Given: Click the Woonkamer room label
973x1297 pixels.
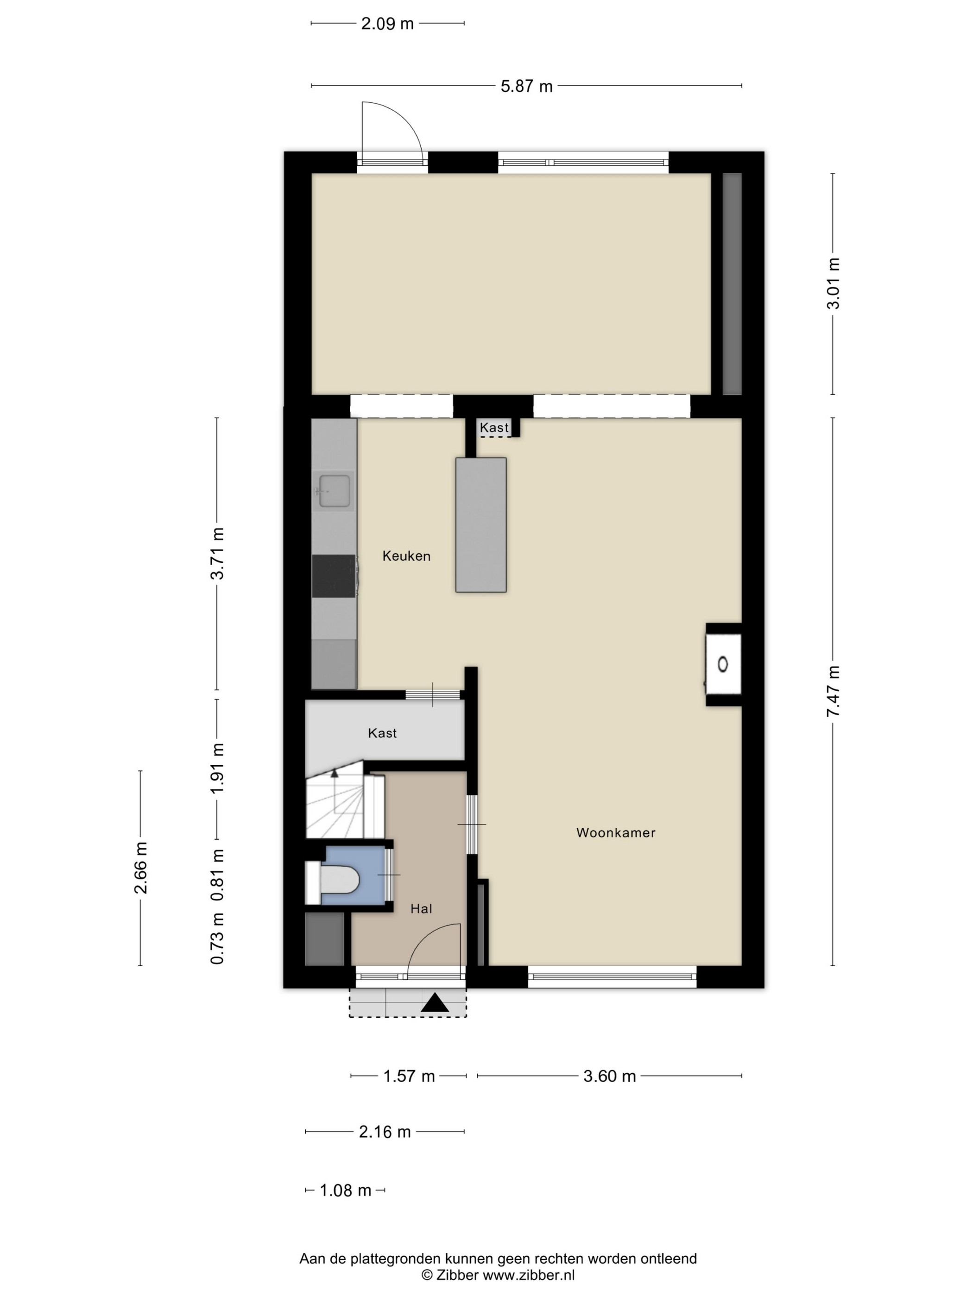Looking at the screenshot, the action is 615,832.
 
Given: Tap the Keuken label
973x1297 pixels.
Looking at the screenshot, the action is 406,556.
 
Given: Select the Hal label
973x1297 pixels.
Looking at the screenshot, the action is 421,909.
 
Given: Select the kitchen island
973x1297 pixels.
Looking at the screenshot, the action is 481,525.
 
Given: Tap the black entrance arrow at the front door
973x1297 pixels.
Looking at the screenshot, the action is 435,1003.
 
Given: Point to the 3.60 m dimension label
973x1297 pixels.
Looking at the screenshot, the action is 609,1076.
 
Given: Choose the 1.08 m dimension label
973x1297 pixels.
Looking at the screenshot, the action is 346,1190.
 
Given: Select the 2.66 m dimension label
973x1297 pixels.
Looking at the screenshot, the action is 141,868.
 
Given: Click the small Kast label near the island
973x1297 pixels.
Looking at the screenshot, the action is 494,428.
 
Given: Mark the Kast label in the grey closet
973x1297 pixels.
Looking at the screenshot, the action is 382,733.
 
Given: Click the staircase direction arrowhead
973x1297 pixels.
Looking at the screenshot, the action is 335,774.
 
